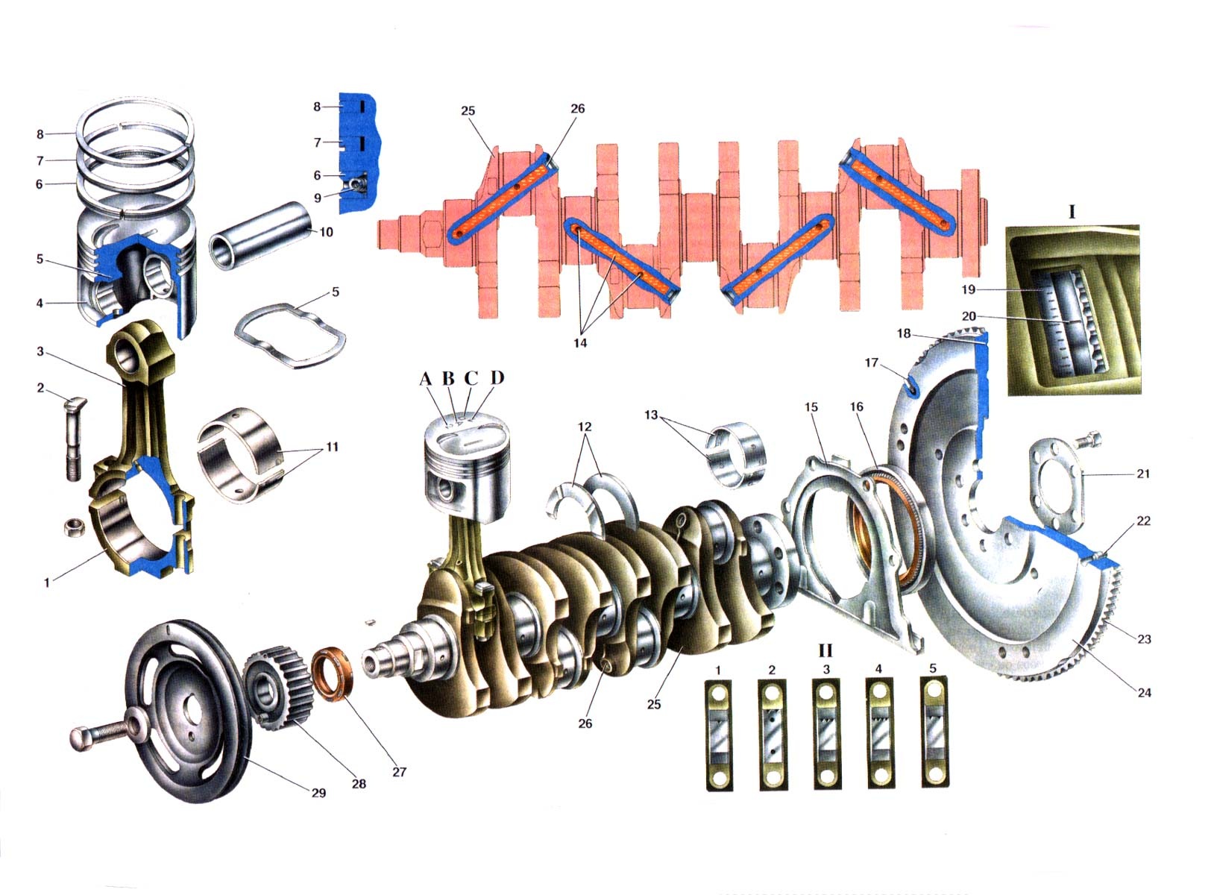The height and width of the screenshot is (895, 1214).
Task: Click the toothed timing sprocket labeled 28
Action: [279, 688]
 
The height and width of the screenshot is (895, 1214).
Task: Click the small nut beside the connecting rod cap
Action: [73, 527]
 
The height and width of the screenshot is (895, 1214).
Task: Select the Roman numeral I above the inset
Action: [1072, 211]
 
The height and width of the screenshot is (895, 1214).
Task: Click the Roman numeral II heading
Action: [825, 650]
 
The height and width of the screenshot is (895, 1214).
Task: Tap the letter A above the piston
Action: [426, 379]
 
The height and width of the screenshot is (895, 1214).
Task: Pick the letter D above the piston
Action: [497, 378]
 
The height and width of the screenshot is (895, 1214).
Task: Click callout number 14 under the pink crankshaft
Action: [580, 343]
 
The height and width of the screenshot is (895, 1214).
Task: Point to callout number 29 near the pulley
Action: [318, 793]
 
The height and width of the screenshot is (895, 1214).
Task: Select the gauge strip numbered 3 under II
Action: [826, 735]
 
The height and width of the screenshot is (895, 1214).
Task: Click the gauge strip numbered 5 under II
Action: [934, 732]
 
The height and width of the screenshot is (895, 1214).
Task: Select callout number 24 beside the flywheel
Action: [1144, 692]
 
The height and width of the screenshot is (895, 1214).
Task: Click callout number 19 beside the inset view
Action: [969, 289]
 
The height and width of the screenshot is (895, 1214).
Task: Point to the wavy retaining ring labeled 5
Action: [290, 336]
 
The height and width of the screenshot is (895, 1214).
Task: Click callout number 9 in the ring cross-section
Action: [318, 198]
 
